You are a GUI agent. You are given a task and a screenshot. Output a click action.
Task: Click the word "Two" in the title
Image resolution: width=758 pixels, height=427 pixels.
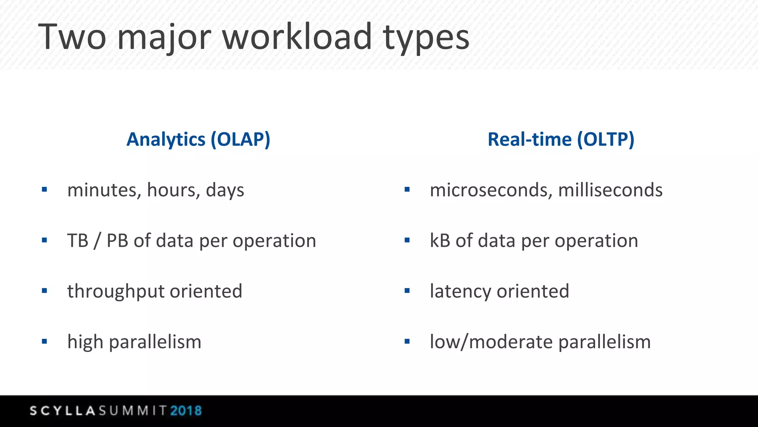[x=72, y=37]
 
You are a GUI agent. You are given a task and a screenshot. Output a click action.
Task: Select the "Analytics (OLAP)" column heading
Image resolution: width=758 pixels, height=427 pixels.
[x=198, y=139]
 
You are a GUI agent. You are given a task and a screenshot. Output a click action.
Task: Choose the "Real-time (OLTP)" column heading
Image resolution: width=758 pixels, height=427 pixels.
[x=561, y=139]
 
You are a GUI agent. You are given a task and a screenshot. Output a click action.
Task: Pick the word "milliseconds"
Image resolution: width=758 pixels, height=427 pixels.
[x=610, y=190]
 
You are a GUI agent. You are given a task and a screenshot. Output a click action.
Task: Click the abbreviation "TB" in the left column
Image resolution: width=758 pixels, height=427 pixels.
[x=78, y=241]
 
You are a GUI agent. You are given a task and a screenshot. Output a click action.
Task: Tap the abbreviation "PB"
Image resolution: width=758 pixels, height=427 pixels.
[x=117, y=241]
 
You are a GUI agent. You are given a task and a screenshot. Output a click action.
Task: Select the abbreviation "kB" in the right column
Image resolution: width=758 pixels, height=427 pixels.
[x=440, y=241]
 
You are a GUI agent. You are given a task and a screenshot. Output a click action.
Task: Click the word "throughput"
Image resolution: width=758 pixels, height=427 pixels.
[x=116, y=291]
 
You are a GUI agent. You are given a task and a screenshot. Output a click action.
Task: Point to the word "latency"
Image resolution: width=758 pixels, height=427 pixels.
[x=460, y=291]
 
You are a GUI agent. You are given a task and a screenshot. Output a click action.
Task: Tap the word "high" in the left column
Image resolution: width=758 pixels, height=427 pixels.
[x=85, y=342]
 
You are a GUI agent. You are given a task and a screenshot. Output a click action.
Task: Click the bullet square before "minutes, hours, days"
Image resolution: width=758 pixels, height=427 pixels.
[x=44, y=190]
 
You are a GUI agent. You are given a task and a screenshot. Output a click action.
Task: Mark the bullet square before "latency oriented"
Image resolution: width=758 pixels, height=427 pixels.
[x=407, y=291]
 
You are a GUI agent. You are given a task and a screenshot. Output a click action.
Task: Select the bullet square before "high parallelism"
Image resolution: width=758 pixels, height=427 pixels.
[x=44, y=341]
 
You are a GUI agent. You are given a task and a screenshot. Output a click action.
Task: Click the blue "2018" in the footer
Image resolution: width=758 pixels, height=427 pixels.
[x=186, y=411]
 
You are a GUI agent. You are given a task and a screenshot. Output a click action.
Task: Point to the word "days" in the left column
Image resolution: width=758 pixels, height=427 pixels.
[x=225, y=190]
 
